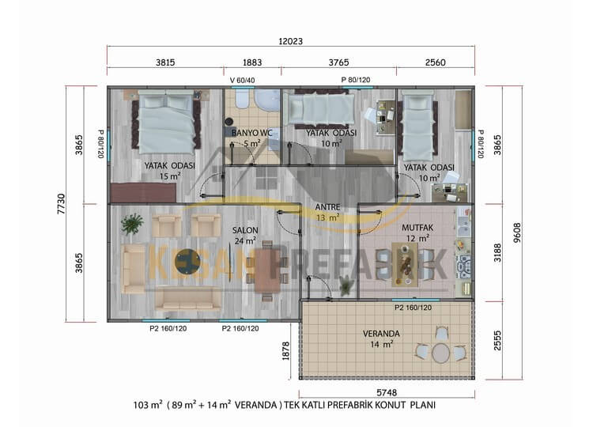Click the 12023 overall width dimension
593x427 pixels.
pyautogui.click(x=290, y=41)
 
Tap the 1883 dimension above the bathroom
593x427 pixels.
pyautogui.click(x=252, y=62)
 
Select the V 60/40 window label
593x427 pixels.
pyautogui.click(x=242, y=80)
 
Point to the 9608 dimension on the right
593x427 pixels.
pyautogui.click(x=516, y=232)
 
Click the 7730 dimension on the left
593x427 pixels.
pyautogui.click(x=61, y=204)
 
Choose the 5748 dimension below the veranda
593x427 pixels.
pyautogui.click(x=387, y=392)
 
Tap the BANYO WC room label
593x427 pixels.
pyautogui.click(x=251, y=133)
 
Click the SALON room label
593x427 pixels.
pyautogui.click(x=245, y=230)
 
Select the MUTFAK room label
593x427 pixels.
pyautogui.click(x=417, y=228)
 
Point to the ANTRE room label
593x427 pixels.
pyautogui.click(x=327, y=207)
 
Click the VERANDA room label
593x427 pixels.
pyautogui.click(x=381, y=334)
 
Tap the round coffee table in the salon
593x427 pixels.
pyautogui.click(x=188, y=261)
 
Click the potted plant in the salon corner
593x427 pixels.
pyautogui.click(x=132, y=224)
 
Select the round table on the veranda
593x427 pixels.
pyautogui.click(x=441, y=353)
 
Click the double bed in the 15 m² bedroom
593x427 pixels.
pyautogui.click(x=166, y=122)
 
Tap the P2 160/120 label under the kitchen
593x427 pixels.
pyautogui.click(x=413, y=308)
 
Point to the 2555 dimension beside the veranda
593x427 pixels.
pyautogui.click(x=497, y=340)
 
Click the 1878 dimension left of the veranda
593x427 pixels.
pyautogui.click(x=286, y=350)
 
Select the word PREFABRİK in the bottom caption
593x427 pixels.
pyautogui.click(x=349, y=405)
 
